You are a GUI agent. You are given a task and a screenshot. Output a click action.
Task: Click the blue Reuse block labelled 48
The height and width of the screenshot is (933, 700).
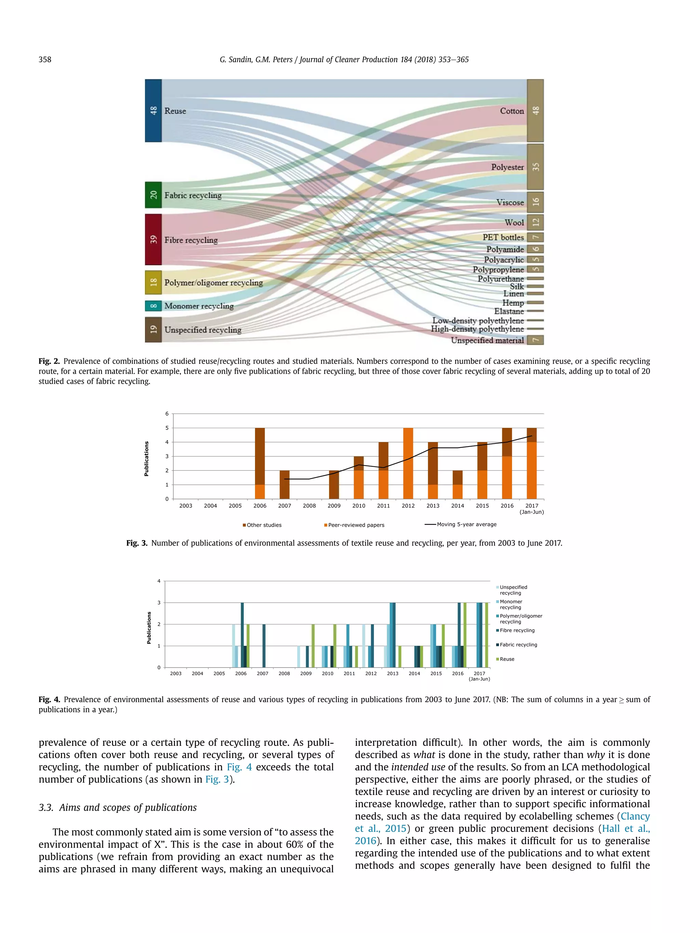pos(153,110)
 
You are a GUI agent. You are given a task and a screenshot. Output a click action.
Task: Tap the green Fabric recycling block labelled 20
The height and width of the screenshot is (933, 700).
pos(153,195)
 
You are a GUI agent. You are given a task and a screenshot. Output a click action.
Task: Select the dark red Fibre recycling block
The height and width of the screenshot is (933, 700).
pos(153,239)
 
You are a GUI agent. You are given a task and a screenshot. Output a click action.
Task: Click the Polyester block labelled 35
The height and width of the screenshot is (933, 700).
pos(535,167)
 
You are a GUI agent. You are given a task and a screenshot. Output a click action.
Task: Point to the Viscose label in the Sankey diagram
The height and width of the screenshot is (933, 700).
pos(510,203)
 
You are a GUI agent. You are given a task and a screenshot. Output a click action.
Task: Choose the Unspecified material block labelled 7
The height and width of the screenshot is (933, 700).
pos(535,340)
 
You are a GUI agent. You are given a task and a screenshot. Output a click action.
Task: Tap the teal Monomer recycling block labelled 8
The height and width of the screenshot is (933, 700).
pos(153,306)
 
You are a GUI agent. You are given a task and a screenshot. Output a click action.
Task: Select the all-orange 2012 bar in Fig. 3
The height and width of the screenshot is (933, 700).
pos(408,463)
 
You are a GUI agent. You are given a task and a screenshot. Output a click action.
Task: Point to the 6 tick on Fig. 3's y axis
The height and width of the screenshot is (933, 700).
pos(167,414)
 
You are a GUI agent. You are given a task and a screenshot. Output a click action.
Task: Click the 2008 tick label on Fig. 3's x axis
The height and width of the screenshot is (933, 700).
pos(309,506)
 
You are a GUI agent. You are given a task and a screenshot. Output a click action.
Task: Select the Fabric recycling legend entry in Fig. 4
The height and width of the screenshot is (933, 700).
pos(518,645)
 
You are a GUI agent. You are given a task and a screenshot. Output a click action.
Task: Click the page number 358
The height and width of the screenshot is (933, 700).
pos(45,59)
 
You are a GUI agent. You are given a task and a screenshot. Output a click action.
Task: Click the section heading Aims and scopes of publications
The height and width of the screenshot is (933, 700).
pos(127,807)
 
